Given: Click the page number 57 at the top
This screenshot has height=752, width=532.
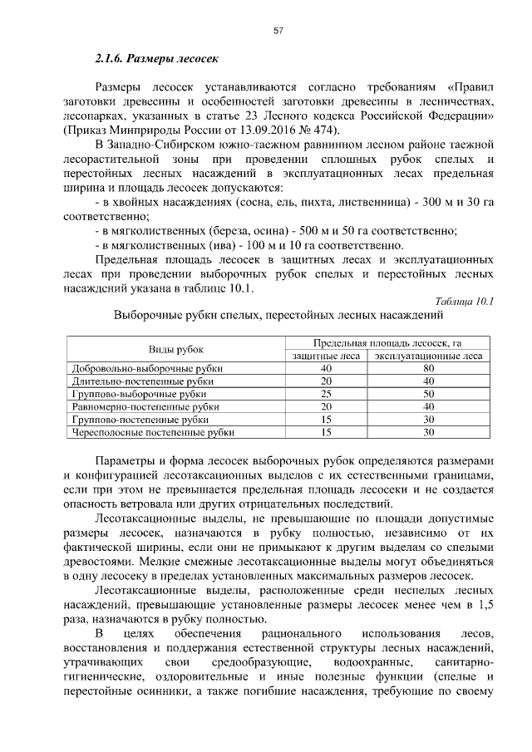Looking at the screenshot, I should pyautogui.click(x=279, y=32).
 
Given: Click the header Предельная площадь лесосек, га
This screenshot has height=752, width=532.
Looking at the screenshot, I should pyautogui.click(x=387, y=342).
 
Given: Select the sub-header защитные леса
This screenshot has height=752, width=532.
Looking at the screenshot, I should pyautogui.click(x=326, y=356).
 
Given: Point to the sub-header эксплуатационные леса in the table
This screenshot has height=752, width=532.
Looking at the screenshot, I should pyautogui.click(x=428, y=356).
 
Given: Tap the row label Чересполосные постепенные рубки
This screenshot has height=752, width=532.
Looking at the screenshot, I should pyautogui.click(x=153, y=432).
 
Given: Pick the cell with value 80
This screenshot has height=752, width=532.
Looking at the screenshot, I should pyautogui.click(x=428, y=368).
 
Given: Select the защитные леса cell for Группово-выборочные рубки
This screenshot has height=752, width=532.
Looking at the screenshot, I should pyautogui.click(x=326, y=394).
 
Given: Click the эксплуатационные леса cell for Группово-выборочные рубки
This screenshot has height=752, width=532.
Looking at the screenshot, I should pyautogui.click(x=428, y=394).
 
